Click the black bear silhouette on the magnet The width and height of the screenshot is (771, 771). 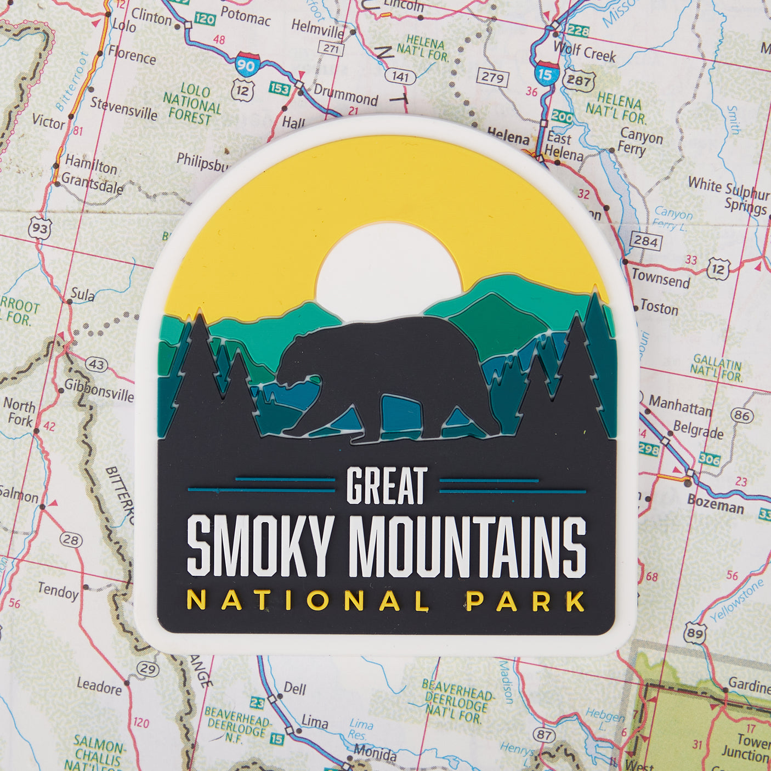click(x=384, y=373)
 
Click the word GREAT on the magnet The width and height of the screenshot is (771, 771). click(x=387, y=486)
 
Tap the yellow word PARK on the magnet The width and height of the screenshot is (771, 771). click(x=525, y=601)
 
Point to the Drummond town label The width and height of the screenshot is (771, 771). click(x=345, y=97)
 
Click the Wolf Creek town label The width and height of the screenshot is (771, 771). click(x=584, y=52)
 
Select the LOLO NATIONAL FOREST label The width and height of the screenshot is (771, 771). click(x=193, y=104)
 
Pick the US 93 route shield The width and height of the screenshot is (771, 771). click(x=41, y=228)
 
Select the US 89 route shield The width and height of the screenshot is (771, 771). click(x=695, y=634)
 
